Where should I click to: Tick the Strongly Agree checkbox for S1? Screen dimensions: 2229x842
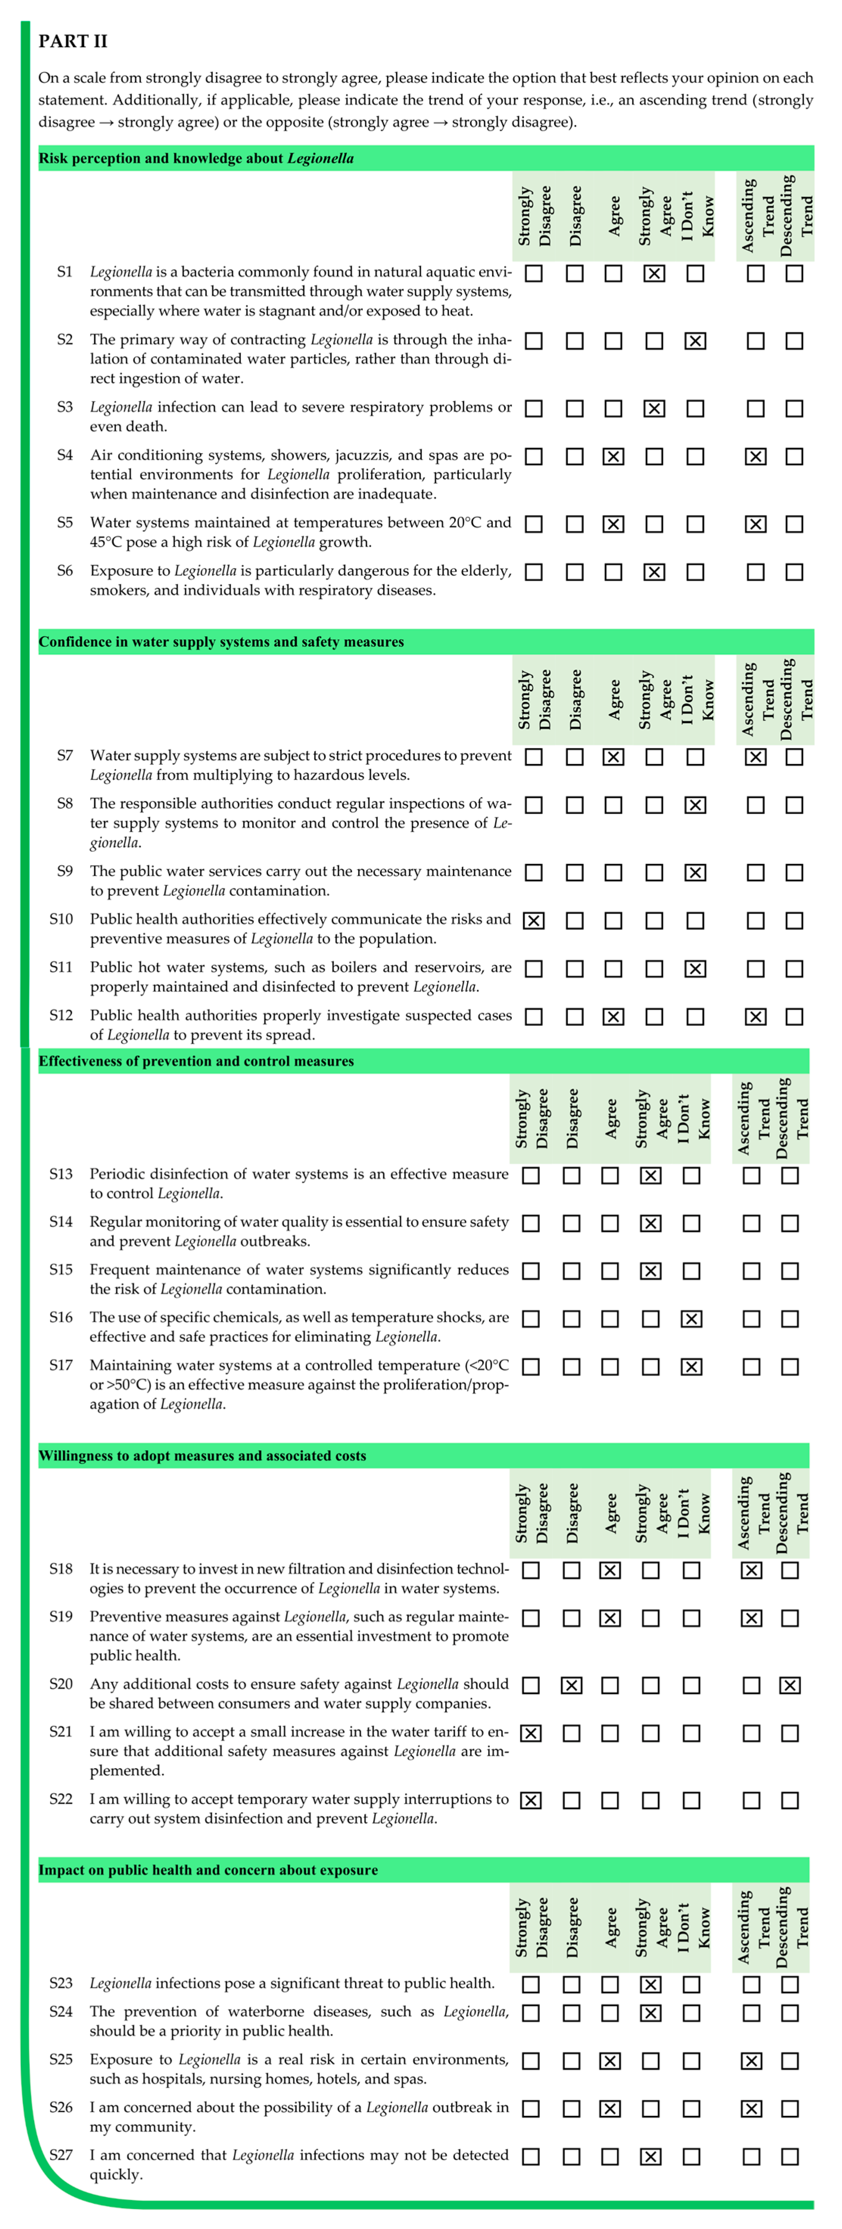tap(654, 273)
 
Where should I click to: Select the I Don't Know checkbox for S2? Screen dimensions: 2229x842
tap(695, 341)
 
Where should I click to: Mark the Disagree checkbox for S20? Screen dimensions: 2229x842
tap(571, 1685)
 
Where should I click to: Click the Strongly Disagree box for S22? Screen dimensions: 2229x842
tap(530, 1800)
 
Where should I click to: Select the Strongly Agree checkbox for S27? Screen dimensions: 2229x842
tap(651, 2156)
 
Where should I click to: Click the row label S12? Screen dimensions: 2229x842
tap(61, 1015)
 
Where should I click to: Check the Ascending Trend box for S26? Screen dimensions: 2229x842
tap(751, 2109)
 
